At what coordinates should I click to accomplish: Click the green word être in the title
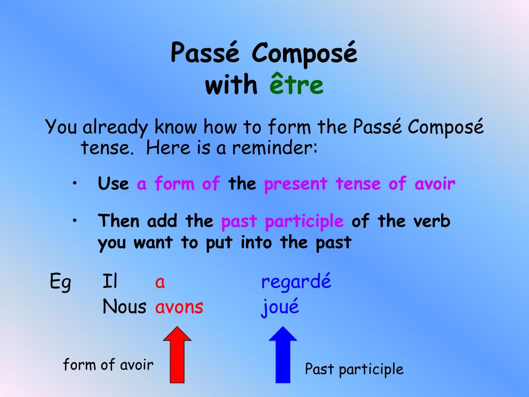(296, 83)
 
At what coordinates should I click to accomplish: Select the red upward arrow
(177, 355)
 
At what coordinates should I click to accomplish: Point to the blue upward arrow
(283, 355)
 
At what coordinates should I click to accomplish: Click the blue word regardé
(296, 282)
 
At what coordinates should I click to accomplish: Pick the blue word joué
(280, 307)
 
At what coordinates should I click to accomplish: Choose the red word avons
(179, 307)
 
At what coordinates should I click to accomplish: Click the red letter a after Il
(160, 282)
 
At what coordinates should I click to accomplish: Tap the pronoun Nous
(124, 307)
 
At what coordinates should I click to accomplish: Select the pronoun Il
(110, 281)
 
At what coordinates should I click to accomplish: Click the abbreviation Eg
(60, 282)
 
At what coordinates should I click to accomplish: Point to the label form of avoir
(108, 364)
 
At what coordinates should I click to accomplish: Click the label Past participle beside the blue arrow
(354, 369)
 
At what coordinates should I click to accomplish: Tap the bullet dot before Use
(74, 183)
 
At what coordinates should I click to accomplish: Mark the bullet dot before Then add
(74, 220)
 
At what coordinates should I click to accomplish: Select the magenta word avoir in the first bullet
(435, 184)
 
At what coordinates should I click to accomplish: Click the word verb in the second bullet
(432, 221)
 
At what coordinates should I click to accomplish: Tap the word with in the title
(231, 84)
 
